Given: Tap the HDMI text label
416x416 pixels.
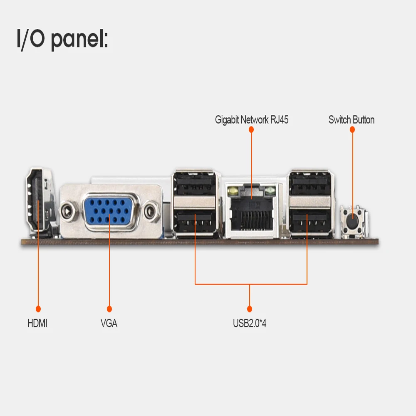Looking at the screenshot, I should click(x=37, y=323).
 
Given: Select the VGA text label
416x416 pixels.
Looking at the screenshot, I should click(x=109, y=323).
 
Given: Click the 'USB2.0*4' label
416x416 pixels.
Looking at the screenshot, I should click(x=250, y=323).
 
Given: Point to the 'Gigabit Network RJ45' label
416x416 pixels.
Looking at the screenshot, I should click(x=252, y=120).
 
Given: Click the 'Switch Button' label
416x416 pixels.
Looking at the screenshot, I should click(x=352, y=120).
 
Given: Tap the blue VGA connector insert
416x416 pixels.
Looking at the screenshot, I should click(x=109, y=212).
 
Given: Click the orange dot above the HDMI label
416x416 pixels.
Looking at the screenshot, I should click(x=38, y=309).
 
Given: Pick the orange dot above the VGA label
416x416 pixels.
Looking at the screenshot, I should click(x=109, y=309).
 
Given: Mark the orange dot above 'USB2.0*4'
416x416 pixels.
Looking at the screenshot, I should click(x=250, y=309).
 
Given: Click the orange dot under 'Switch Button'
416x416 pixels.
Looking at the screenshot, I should click(x=352, y=130).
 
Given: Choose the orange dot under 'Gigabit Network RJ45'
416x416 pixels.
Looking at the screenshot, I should click(x=251, y=130).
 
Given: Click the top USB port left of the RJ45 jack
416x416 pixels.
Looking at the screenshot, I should click(x=195, y=184).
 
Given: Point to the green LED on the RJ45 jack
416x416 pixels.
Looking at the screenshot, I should click(x=272, y=191).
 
